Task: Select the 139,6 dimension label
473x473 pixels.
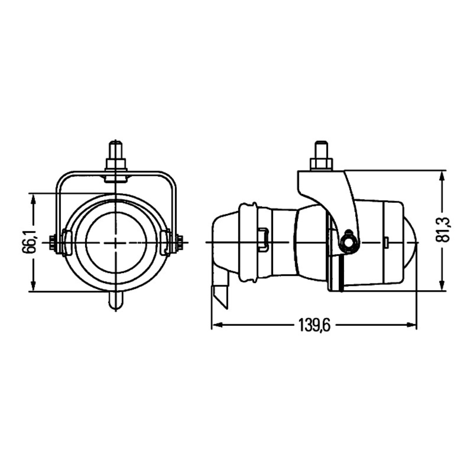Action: [x=314, y=325]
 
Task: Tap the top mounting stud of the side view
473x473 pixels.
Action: [x=321, y=150]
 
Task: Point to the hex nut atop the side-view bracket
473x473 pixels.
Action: [x=321, y=165]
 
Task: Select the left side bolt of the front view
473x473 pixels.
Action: [x=53, y=242]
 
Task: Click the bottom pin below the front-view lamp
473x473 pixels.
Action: [x=116, y=300]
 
